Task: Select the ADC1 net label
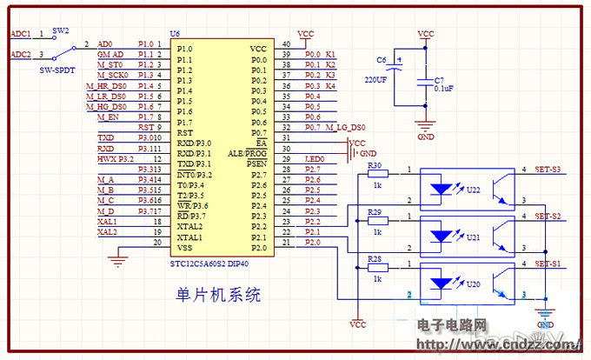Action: click(x=19, y=34)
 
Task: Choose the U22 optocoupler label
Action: click(x=473, y=190)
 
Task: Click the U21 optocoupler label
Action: click(x=473, y=237)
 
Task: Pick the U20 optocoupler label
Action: click(x=473, y=284)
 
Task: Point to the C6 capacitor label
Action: click(x=380, y=59)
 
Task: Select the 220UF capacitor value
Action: click(x=376, y=78)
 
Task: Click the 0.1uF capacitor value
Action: click(x=444, y=89)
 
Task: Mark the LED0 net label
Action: click(x=315, y=159)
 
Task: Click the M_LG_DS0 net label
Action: click(x=345, y=128)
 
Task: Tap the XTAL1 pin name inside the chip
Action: click(x=189, y=237)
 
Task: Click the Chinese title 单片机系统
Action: click(x=218, y=295)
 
